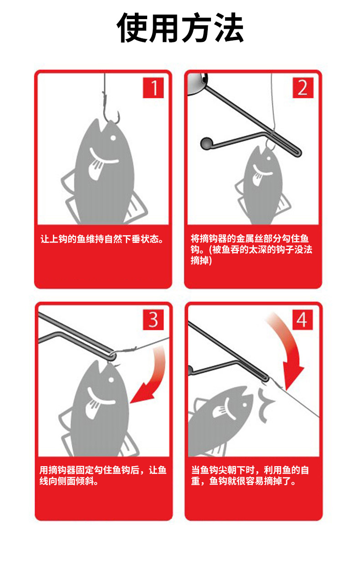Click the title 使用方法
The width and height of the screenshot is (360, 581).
(180, 27)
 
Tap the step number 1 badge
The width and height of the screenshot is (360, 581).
(153, 87)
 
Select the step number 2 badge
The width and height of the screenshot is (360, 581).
(303, 87)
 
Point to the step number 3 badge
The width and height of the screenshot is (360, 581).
(153, 319)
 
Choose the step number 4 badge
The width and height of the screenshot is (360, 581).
(303, 319)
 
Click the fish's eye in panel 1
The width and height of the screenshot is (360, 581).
(113, 138)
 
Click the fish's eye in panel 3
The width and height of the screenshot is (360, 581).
(111, 380)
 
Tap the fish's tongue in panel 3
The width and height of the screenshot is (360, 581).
(93, 409)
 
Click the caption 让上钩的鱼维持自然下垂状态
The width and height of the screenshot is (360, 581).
(102, 239)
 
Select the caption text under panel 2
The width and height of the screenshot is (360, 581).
(251, 249)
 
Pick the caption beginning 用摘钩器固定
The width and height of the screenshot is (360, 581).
(103, 475)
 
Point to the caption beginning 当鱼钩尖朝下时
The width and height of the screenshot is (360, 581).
(250, 475)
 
